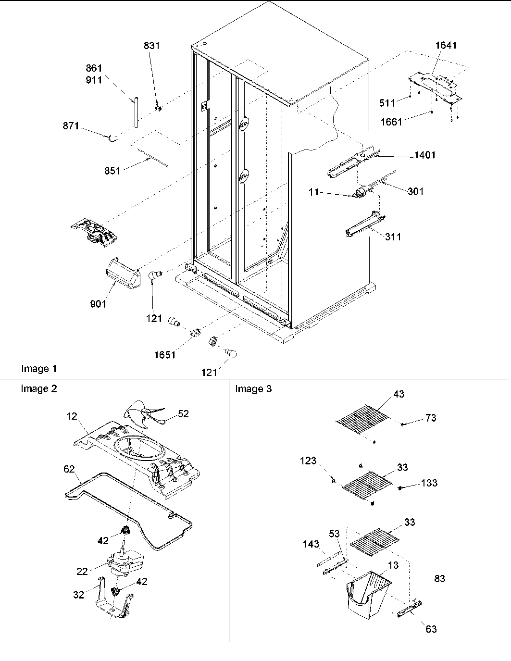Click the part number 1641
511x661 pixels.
(446, 46)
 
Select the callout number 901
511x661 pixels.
(98, 304)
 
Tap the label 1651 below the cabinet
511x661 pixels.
(164, 355)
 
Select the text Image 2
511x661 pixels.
(38, 389)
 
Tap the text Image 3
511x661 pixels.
(253, 389)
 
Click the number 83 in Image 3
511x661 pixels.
(439, 579)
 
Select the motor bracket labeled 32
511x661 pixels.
(113, 601)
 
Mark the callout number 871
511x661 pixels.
(71, 126)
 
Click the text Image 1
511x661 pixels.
(39, 369)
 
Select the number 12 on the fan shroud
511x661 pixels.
(72, 416)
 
